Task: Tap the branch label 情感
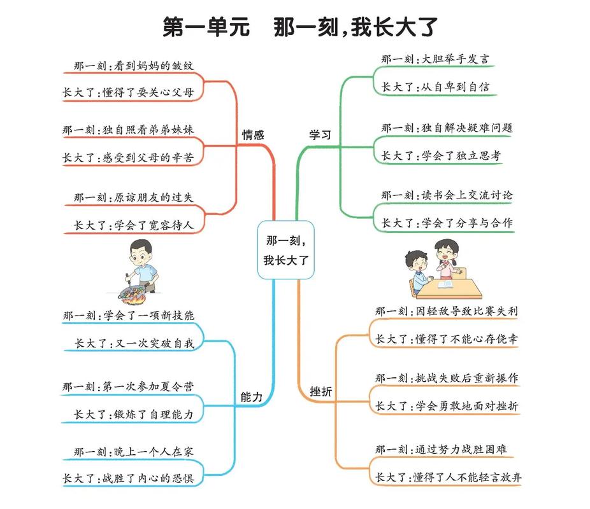point(252,135)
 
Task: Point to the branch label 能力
point(251,396)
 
